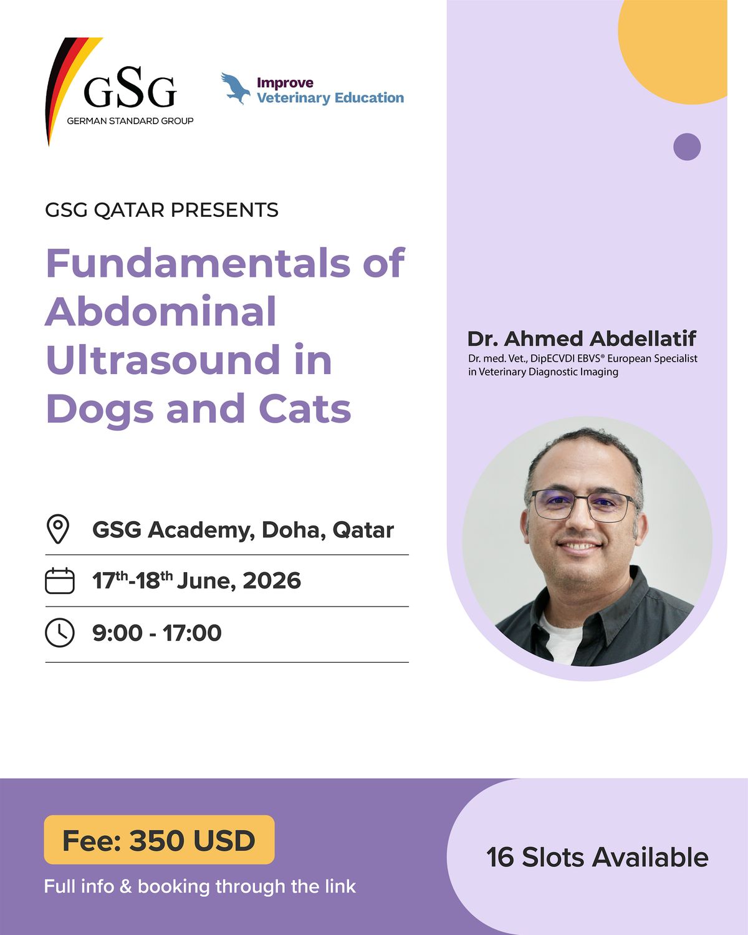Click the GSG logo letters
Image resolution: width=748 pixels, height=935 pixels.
(130, 88)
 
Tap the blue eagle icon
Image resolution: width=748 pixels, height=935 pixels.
(236, 89)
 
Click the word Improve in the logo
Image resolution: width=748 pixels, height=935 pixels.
(285, 82)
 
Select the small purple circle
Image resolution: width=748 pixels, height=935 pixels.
(687, 146)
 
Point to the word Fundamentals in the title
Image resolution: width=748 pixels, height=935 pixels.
(198, 263)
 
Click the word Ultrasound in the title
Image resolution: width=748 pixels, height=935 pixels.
(163, 360)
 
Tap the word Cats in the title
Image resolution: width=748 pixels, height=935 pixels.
(305, 409)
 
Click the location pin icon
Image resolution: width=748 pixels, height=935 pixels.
(58, 529)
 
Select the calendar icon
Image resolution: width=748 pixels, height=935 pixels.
(60, 580)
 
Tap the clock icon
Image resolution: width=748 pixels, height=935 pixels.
(60, 633)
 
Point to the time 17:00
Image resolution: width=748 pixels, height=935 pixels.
(192, 633)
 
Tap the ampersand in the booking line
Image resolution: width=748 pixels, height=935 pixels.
(126, 887)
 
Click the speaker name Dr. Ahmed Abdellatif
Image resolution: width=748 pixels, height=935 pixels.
(582, 338)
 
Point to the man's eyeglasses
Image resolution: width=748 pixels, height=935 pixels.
(582, 505)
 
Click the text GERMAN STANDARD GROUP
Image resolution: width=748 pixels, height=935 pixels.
(130, 121)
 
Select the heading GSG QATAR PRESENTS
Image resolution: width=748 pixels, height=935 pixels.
(161, 210)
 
